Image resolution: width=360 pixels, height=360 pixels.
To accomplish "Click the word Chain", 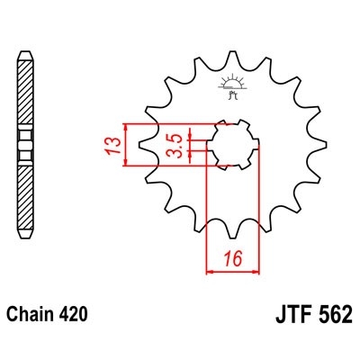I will point(34,316).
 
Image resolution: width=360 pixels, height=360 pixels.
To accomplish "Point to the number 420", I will point(76,316).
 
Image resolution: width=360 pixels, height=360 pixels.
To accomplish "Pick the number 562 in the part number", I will point(334,317).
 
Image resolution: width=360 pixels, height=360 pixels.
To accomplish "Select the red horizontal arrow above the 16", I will point(233,268).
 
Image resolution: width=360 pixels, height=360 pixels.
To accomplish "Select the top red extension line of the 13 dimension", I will point(171,121).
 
